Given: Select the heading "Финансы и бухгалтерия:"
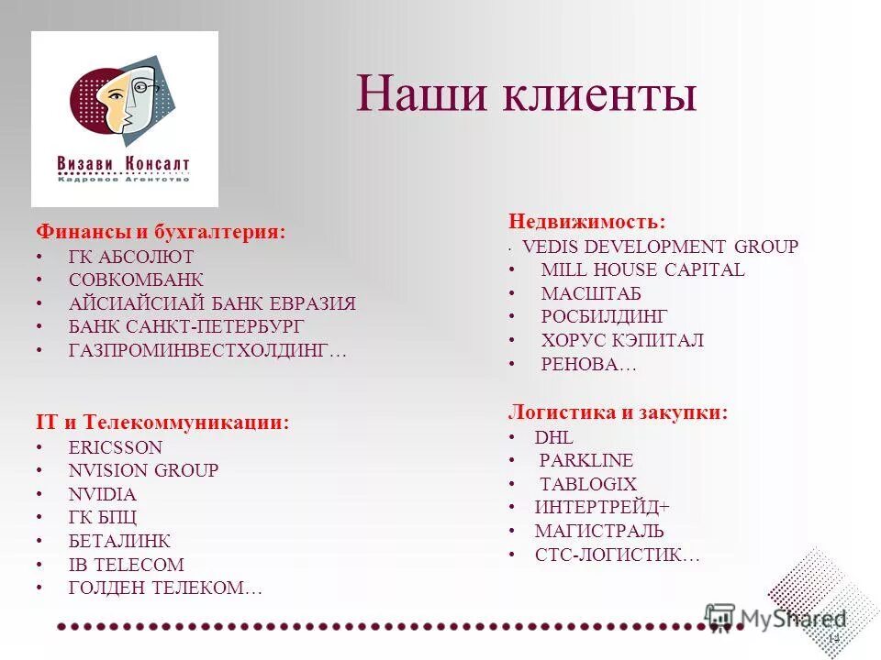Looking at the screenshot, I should [161, 232].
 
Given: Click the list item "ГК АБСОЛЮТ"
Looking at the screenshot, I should [131, 257].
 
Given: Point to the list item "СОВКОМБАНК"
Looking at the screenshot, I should [136, 280].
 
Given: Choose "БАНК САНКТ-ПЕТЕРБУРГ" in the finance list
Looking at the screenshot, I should [186, 327].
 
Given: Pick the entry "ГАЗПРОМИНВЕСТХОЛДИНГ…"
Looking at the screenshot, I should [208, 351].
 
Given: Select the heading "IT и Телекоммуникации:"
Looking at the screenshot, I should [162, 423].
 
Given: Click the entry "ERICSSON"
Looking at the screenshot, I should [115, 447].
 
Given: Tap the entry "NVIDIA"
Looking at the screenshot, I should [102, 494].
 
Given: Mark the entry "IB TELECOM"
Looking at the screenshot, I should [126, 565].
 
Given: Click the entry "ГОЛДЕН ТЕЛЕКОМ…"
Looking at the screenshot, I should [165, 588].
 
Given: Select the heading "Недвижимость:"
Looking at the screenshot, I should [586, 221].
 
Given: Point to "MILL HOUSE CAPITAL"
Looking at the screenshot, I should [642, 269].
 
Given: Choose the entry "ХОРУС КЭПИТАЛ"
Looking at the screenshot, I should [622, 340].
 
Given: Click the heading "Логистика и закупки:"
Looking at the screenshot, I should [619, 412].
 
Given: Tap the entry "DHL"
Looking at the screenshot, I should [553, 437].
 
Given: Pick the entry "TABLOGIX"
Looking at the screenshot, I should [587, 484].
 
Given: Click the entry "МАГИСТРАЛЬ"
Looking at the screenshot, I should [599, 531].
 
